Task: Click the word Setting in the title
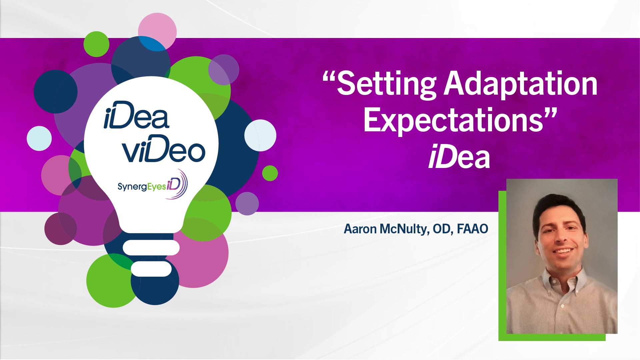[387, 84]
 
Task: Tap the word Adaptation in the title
[520, 84]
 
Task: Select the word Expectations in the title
[453, 121]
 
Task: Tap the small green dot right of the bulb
[270, 173]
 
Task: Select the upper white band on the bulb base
[151, 248]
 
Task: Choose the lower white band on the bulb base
[151, 269]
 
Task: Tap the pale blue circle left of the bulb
[39, 138]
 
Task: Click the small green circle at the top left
[96, 44]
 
